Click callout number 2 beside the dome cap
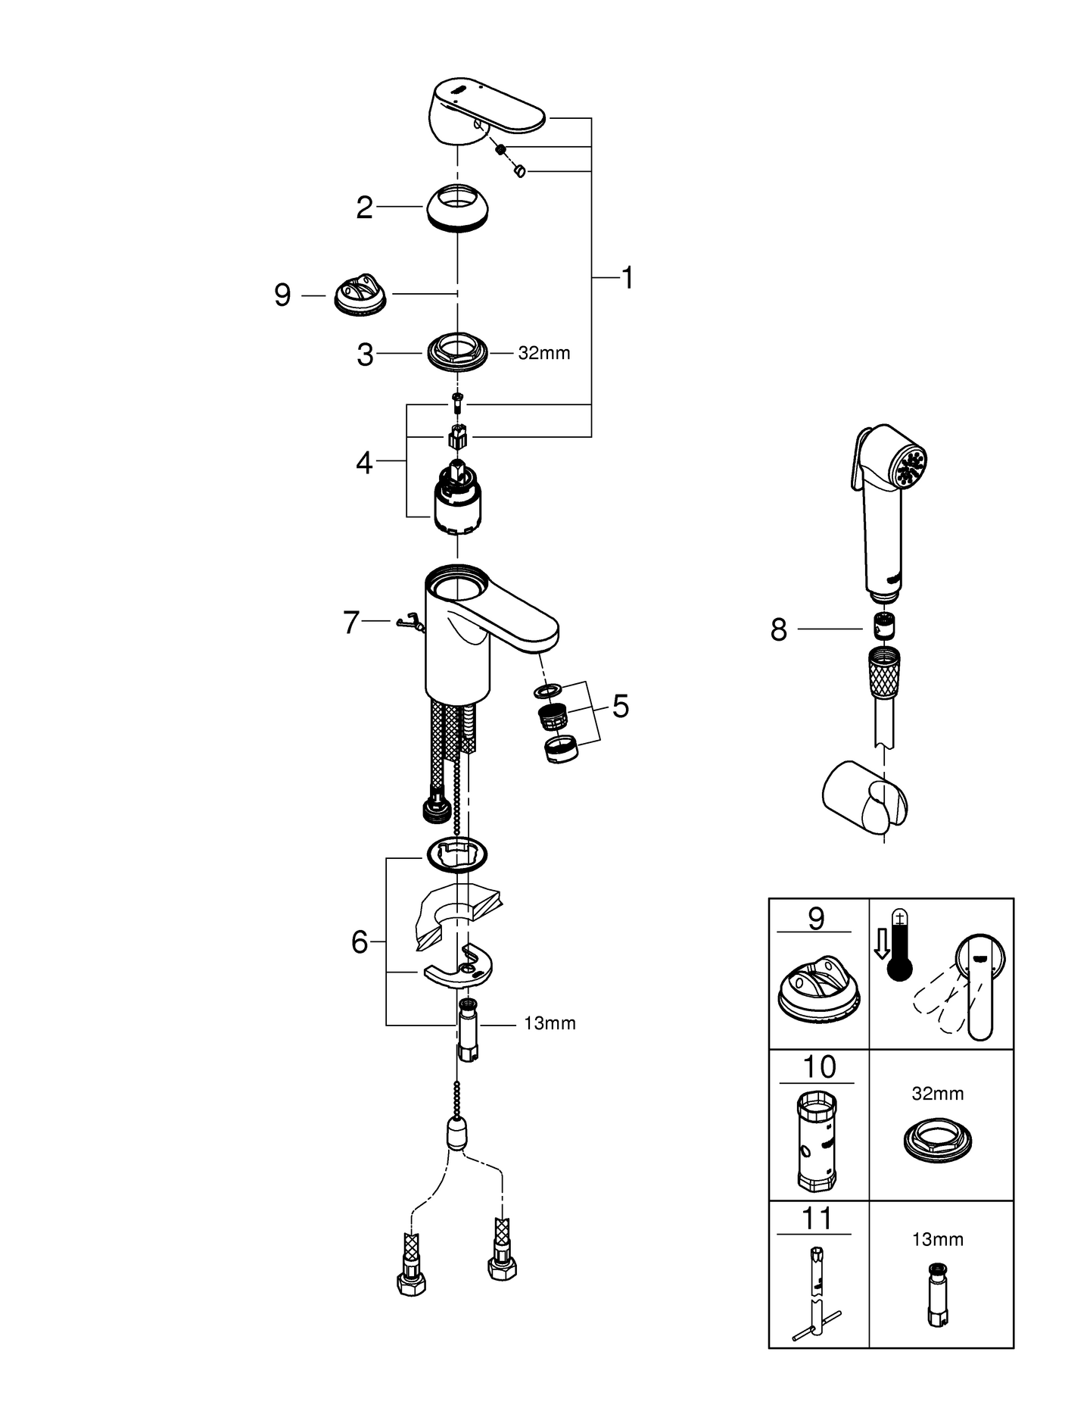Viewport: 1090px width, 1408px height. click(365, 208)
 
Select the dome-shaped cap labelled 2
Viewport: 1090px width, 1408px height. click(457, 204)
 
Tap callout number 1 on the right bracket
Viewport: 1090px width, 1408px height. click(627, 278)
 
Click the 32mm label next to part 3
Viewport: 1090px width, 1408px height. click(543, 353)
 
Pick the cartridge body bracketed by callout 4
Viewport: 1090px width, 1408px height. click(456, 502)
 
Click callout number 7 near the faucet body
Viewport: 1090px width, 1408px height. click(350, 623)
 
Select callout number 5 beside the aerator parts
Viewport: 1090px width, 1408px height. click(620, 706)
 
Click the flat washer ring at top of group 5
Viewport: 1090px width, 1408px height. click(547, 691)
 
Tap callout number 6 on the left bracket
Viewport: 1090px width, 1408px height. click(360, 942)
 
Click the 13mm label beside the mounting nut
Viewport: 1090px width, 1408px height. click(550, 1023)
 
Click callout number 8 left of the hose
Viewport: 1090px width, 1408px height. click(779, 629)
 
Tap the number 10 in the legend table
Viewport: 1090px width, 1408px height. click(818, 1067)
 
